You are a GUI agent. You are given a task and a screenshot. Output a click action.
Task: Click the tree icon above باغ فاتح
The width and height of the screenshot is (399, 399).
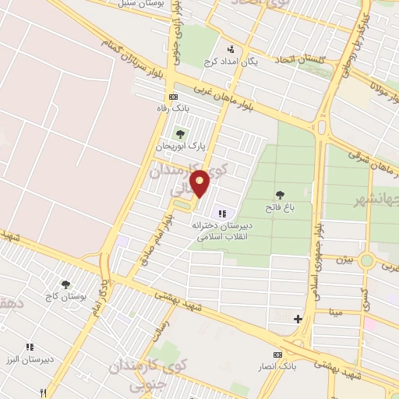coord(280,194)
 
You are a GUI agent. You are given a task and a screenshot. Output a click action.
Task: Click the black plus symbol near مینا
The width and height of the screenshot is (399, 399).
coord(297,319)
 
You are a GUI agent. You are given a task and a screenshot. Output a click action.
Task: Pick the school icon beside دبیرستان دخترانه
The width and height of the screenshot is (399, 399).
coord(222,214)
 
